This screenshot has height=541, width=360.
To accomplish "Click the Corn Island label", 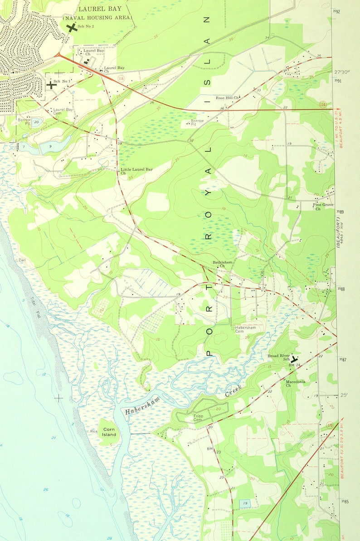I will pyautogui.click(x=109, y=431).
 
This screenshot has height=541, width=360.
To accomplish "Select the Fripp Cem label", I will pyautogui.click(x=198, y=418).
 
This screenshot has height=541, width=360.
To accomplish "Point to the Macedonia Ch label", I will pyautogui.click(x=295, y=383).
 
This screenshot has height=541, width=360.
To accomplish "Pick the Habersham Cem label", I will pyautogui.click(x=245, y=329).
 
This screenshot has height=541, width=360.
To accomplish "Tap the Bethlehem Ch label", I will pyautogui.click(x=223, y=264).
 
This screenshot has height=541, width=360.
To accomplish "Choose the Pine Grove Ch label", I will pyautogui.click(x=323, y=207).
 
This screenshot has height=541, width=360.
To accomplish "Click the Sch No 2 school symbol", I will pyautogui.click(x=71, y=28).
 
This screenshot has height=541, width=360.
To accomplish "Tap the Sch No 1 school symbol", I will pyautogui.click(x=52, y=84).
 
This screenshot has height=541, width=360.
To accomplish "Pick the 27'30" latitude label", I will pyautogui.click(x=343, y=72).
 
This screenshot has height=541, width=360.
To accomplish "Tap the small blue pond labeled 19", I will pyautogui.click(x=245, y=503).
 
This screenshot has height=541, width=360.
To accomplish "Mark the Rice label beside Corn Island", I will pyautogui.click(x=93, y=431).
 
